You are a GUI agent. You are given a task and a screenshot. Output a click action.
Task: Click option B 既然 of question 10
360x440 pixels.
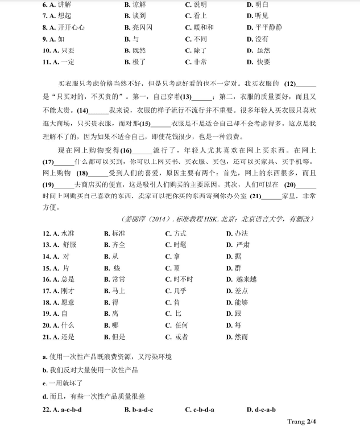139,50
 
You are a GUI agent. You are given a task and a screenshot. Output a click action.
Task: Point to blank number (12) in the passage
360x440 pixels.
299,84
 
